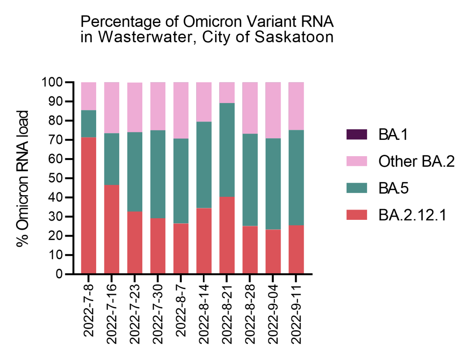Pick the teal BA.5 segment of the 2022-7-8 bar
click(89, 124)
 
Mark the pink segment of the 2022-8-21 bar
click(227, 93)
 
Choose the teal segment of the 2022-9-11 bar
click(296, 178)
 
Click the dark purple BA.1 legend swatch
click(356, 134)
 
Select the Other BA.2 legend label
click(416, 161)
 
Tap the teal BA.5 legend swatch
click(356, 188)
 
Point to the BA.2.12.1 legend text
click(412, 215)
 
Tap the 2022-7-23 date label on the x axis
click(134, 310)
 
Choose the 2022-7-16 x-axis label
click(112, 310)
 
